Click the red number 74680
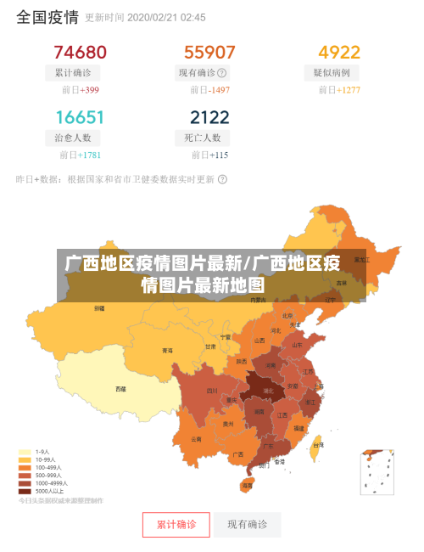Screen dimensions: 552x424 80,53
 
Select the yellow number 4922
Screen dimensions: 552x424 339,53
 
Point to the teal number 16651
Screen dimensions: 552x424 80,117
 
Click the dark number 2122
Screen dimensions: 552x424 209,117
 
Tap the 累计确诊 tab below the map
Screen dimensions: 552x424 176,525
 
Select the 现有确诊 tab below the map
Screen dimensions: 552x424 247,525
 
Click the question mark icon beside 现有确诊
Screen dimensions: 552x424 222,73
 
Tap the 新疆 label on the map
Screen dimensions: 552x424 100,307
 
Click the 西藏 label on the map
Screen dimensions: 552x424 121,389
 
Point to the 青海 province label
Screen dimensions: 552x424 168,351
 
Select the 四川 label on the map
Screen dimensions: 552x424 211,391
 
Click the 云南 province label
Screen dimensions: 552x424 197,439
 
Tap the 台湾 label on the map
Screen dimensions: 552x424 319,445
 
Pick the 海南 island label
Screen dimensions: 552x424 247,486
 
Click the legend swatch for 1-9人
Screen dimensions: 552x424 25,453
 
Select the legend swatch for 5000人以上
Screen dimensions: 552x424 25,491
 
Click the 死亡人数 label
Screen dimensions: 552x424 203,138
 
